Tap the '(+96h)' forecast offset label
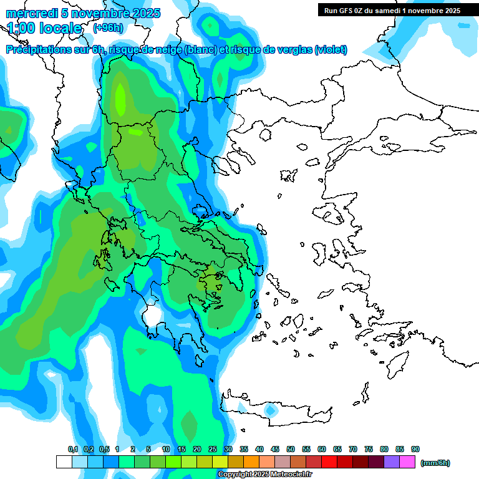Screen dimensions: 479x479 pyautogui.click(x=108, y=28)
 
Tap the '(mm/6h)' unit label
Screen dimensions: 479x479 pyautogui.click(x=435, y=463)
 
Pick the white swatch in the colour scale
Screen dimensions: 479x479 pyautogui.click(x=64, y=462)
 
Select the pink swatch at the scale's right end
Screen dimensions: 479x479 pyautogui.click(x=407, y=462)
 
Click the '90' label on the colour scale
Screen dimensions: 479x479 pyautogui.click(x=415, y=449)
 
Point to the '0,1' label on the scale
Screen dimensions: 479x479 pyautogui.click(x=72, y=449)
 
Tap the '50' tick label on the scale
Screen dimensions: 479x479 pyautogui.click(x=291, y=449)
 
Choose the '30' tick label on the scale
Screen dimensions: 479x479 pyautogui.click(x=228, y=449)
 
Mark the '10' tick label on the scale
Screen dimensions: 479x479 pyautogui.click(x=166, y=449)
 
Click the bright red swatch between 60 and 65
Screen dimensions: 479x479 pyautogui.click(x=329, y=462)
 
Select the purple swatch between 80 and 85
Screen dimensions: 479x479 pyautogui.click(x=392, y=462)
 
